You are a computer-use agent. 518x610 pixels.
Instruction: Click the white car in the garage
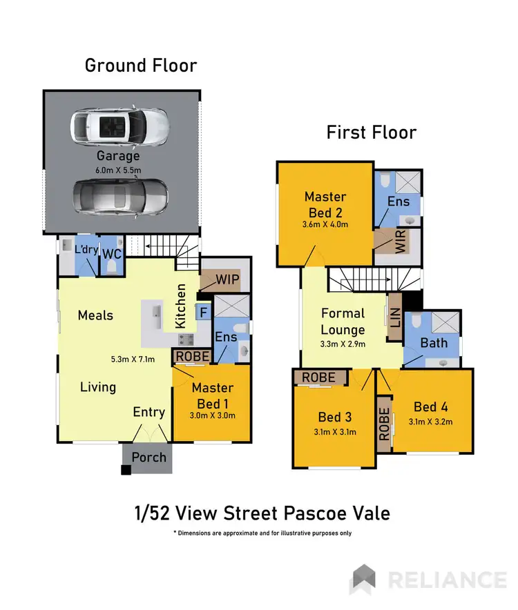[x=119, y=126]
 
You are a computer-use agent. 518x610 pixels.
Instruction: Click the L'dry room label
[x=77, y=247]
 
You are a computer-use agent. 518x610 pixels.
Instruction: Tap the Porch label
[x=149, y=457]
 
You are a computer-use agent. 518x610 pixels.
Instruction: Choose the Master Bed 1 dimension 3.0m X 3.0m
[x=213, y=415]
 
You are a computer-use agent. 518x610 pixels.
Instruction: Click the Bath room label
[x=434, y=342]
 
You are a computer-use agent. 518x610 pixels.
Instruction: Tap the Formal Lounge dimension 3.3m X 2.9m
[x=343, y=344]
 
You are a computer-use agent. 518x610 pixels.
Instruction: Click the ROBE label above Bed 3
[x=318, y=377]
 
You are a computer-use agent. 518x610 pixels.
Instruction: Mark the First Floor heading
[x=372, y=132]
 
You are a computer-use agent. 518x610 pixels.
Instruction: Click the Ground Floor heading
[x=141, y=66]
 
